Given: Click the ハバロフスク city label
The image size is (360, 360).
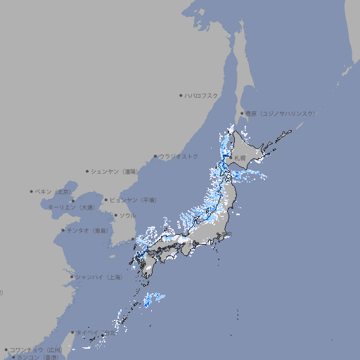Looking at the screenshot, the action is coord(202,95).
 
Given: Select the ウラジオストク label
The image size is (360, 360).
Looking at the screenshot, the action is coord(179,156).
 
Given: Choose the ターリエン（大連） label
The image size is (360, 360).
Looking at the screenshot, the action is coord(71,207).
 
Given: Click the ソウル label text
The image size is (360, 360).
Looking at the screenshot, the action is coord(127,215).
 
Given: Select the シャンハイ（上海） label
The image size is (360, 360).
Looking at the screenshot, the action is coord(98,277).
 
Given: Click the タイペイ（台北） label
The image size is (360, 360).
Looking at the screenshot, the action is coord(95,333).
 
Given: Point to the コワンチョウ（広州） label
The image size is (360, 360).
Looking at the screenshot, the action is coord(36,349).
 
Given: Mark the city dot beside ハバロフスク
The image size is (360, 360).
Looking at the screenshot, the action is coord(181,95).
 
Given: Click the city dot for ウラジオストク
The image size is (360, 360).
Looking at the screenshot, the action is coord(155,156).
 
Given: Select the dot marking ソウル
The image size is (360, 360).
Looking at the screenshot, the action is coord(115,215).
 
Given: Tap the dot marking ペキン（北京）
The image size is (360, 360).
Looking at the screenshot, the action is coord(32,191).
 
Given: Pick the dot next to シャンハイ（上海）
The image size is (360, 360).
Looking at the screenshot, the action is coord(72,277).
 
